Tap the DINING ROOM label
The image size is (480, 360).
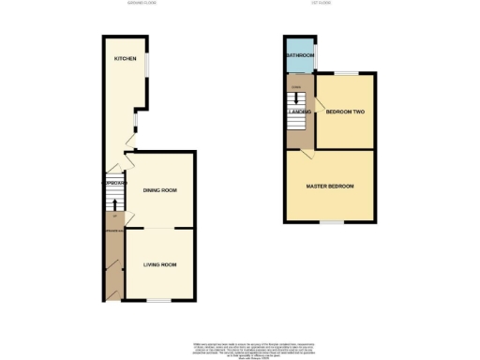[x=160, y=190]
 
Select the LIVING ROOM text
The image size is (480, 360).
[x=160, y=265]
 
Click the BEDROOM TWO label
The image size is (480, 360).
[x=344, y=112]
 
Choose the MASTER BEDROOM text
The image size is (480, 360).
[x=331, y=187]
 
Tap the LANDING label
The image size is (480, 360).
[x=300, y=112]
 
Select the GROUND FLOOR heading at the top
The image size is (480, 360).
[x=142, y=4]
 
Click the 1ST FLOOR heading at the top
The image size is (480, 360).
[x=322, y=4]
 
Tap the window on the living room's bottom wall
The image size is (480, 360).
[x=158, y=300]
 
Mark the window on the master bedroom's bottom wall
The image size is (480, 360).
[x=331, y=222]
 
